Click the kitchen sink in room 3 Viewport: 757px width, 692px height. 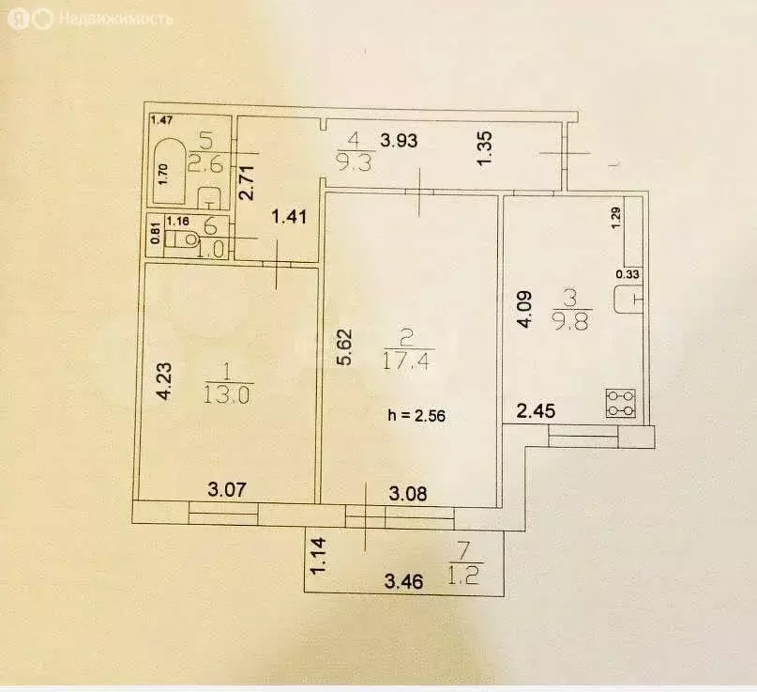pyautogui.click(x=628, y=300)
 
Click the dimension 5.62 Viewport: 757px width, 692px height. pyautogui.click(x=345, y=348)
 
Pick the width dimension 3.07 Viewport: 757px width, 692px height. pyautogui.click(x=226, y=488)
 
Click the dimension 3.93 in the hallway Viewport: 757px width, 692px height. pyautogui.click(x=399, y=142)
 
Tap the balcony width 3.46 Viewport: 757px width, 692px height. pyautogui.click(x=405, y=581)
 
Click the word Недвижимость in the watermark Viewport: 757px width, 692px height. pyautogui.click(x=115, y=18)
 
